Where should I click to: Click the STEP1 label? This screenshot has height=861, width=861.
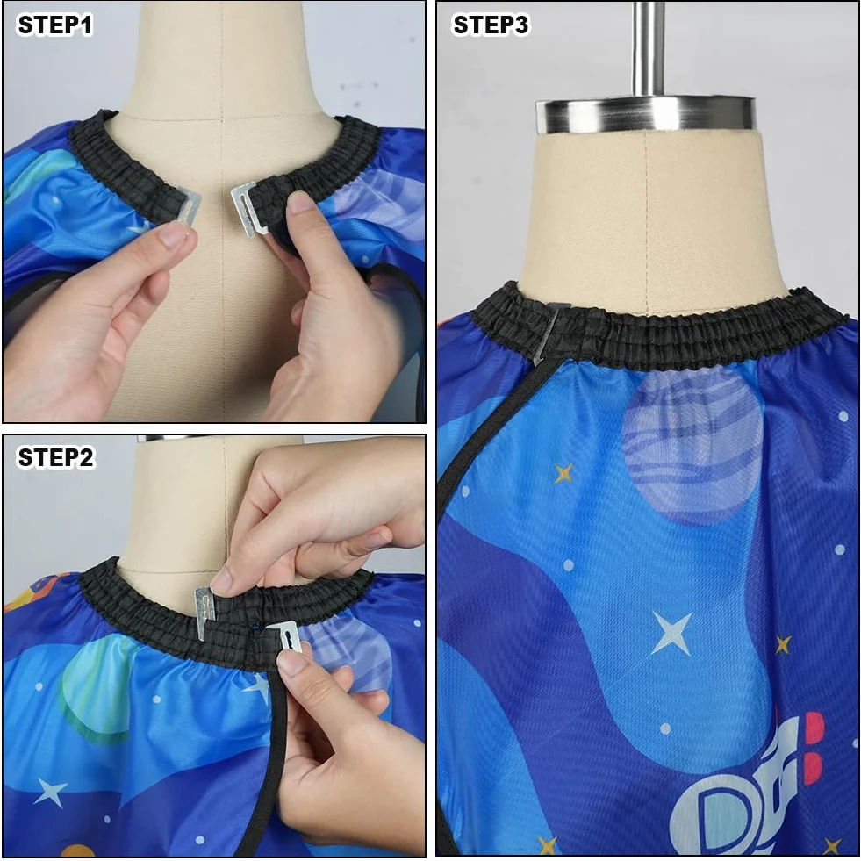click(55, 25)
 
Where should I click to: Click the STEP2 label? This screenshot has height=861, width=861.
click(55, 457)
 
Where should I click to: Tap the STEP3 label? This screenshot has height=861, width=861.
click(491, 25)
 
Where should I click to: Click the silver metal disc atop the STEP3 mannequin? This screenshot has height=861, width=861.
click(646, 115)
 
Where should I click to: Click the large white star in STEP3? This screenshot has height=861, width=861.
click(671, 633)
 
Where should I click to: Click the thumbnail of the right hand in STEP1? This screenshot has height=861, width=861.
click(300, 202)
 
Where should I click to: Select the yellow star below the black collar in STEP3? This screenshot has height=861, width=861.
click(563, 473)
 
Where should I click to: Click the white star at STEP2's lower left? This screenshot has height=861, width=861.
click(51, 793)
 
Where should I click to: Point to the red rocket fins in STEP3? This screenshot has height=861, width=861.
click(814, 748)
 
